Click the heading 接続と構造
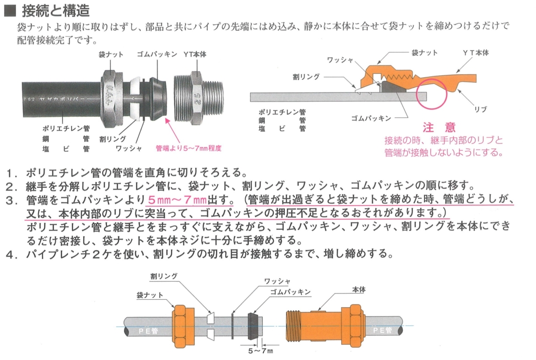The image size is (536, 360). [55, 10]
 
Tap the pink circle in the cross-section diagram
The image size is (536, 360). [432, 94]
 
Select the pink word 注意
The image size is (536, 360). [439, 127]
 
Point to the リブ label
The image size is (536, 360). [481, 109]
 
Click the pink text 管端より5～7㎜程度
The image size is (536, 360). [188, 148]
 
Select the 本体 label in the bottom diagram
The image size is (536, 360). [359, 290]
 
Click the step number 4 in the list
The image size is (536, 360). [12, 254]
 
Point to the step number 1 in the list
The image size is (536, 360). [12, 173]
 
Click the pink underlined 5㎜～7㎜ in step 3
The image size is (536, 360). [177, 199]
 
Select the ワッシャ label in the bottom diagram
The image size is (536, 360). [277, 281]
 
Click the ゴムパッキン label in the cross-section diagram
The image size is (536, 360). [371, 119]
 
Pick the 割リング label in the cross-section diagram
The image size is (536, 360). [306, 77]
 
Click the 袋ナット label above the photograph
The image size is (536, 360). [111, 54]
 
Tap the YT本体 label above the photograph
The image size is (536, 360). [195, 54]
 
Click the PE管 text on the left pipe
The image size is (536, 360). [148, 331]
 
